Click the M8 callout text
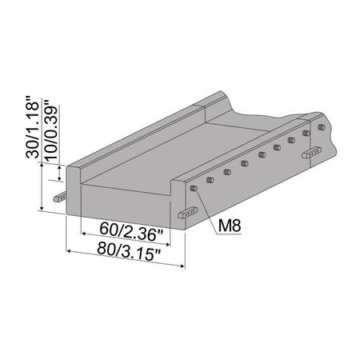pos(229,226)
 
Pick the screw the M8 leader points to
pos(194,188)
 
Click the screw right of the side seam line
pos(321,127)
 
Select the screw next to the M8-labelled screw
pos(210,181)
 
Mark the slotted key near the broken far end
pos(313,152)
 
